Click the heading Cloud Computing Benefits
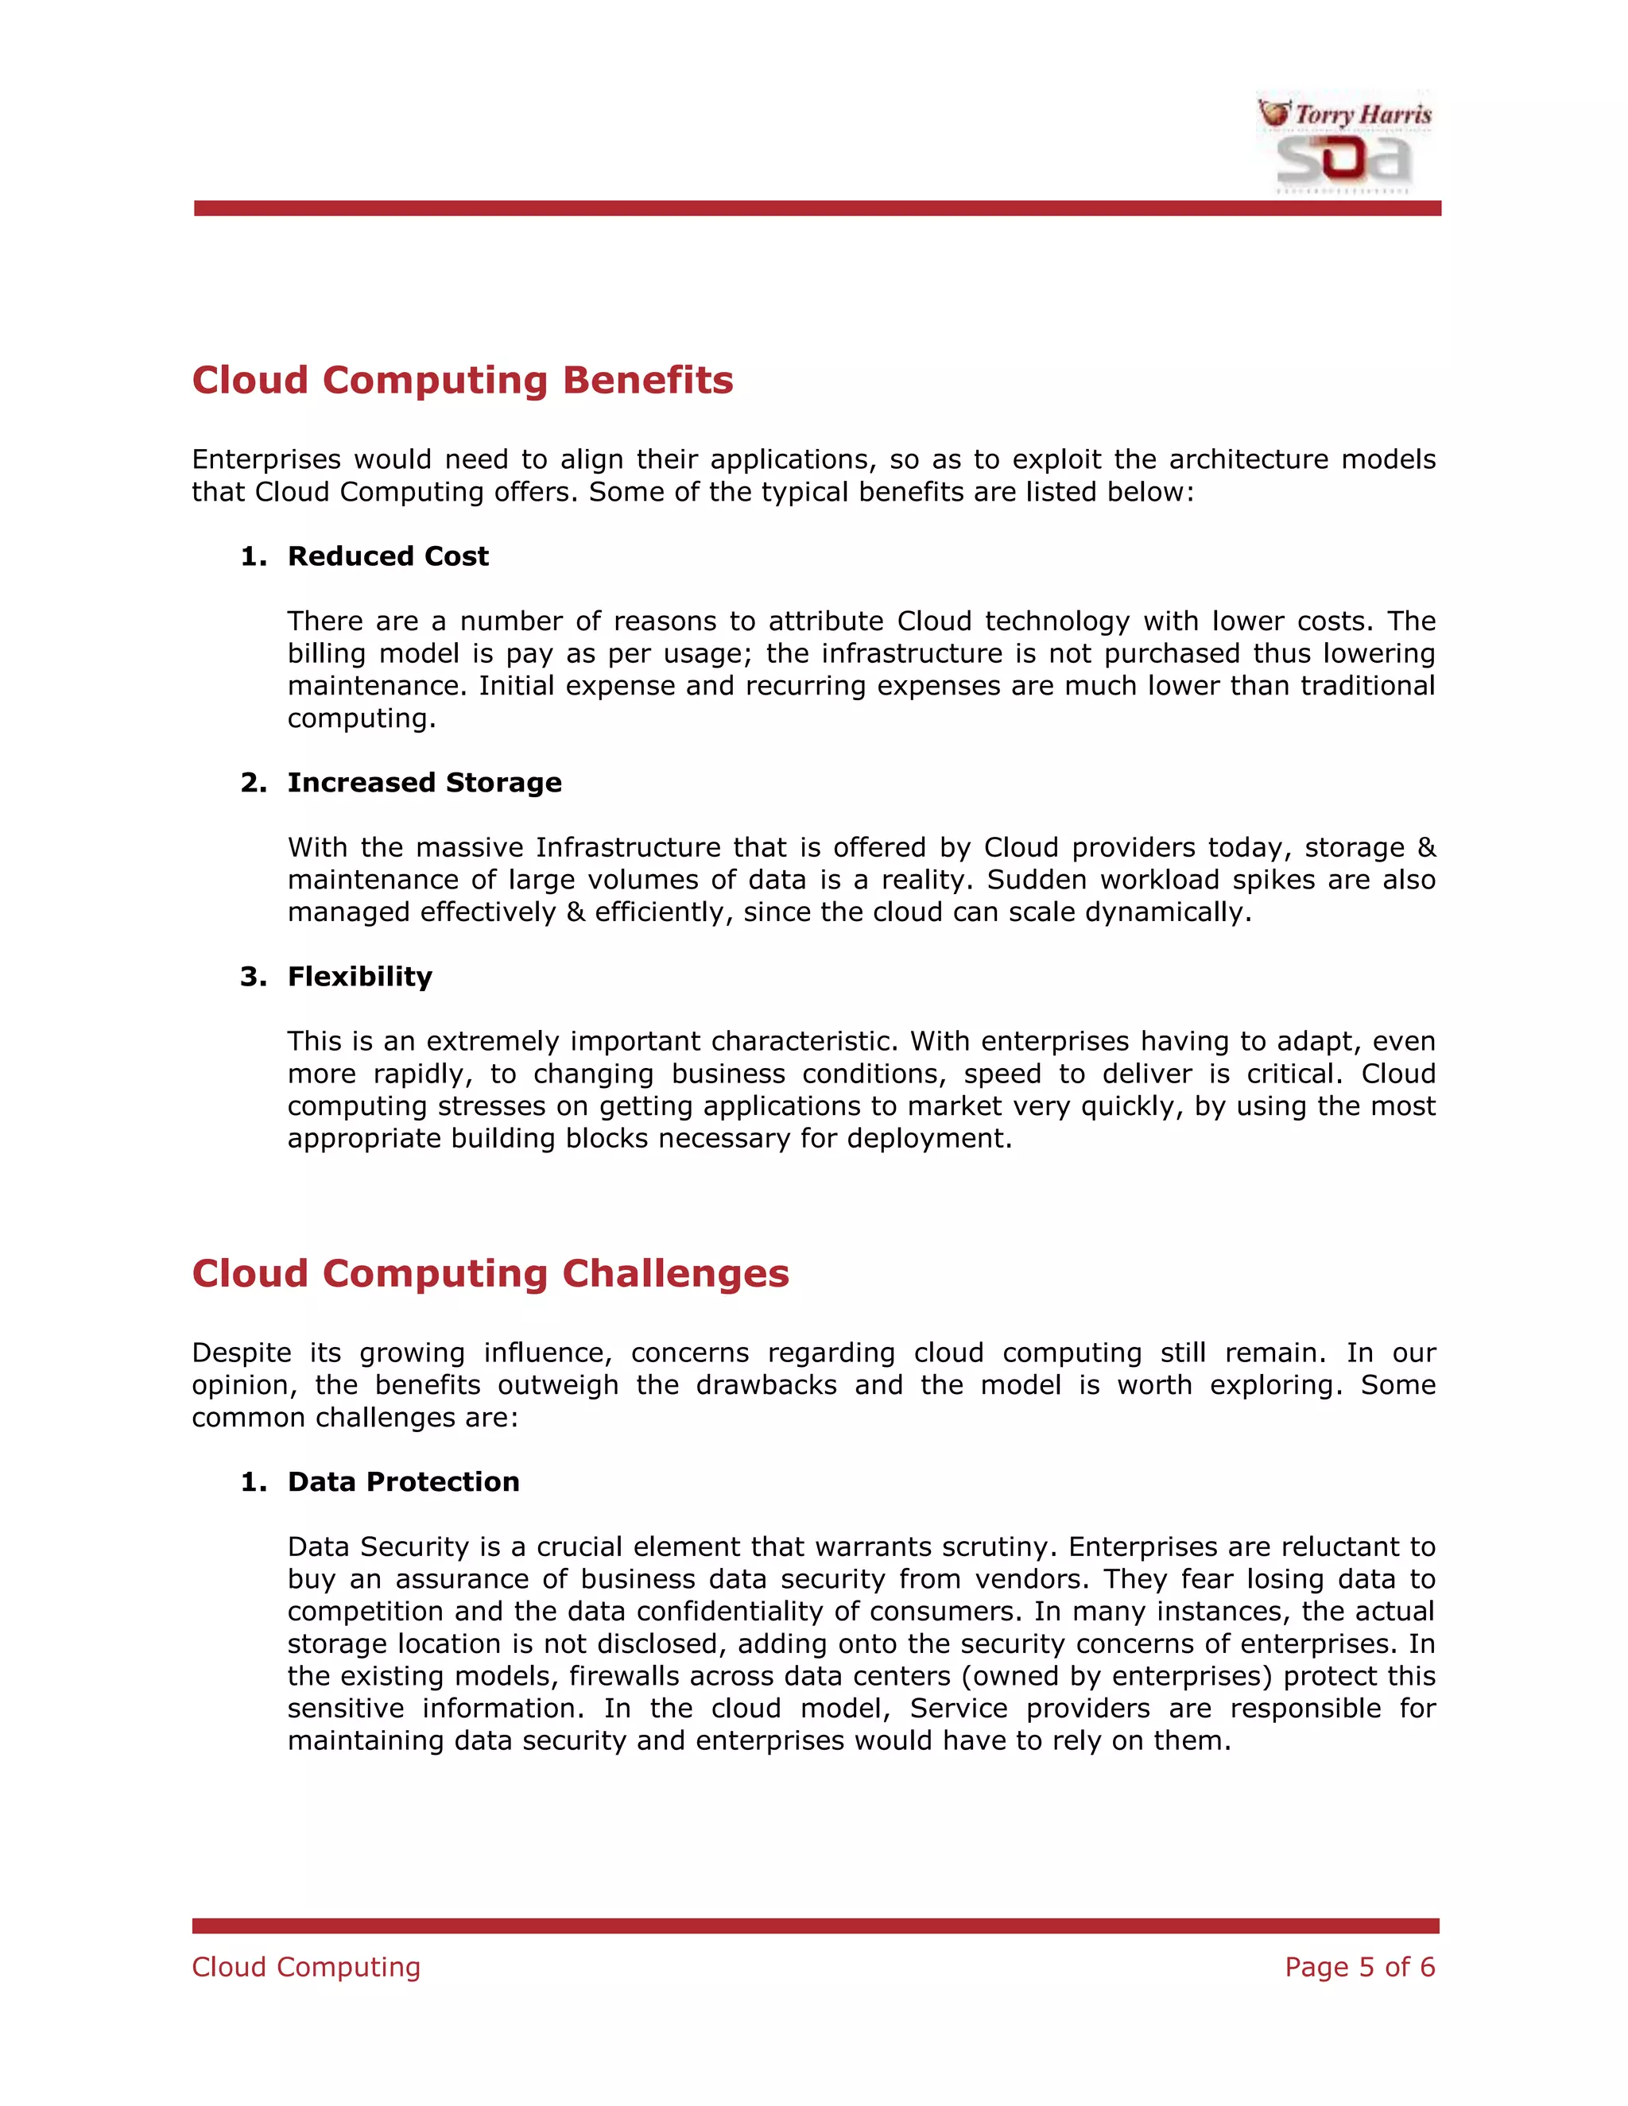pyautogui.click(x=462, y=380)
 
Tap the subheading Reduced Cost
pyautogui.click(x=388, y=556)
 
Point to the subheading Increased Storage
pyautogui.click(x=424, y=782)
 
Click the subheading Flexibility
pyautogui.click(x=360, y=977)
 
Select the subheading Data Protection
pyautogui.click(x=403, y=1481)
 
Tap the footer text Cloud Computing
pyautogui.click(x=306, y=1966)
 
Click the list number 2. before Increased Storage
pyautogui.click(x=254, y=782)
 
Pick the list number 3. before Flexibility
pyautogui.click(x=254, y=977)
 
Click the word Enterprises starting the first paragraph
pyautogui.click(x=266, y=459)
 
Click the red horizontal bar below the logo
pyautogui.click(x=817, y=208)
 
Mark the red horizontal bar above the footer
pyautogui.click(x=815, y=1926)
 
